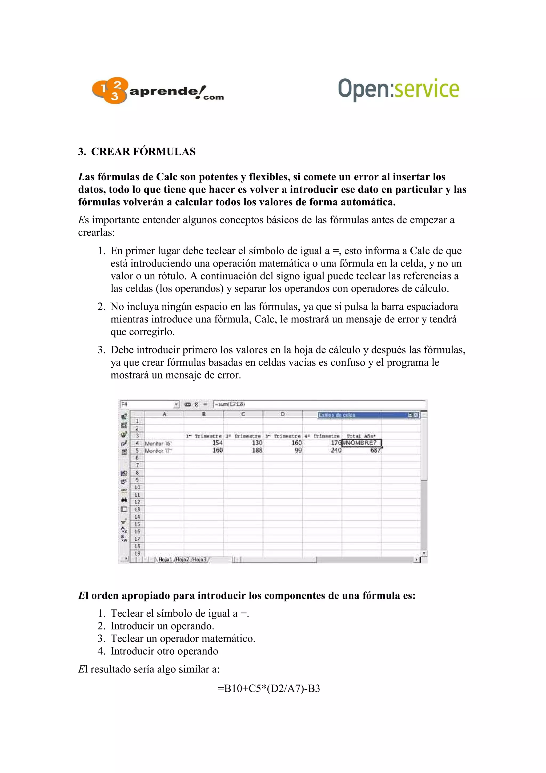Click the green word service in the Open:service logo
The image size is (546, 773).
[426, 89]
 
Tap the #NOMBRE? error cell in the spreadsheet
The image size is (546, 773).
[361, 443]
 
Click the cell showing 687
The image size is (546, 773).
[375, 450]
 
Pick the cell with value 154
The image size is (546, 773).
[217, 443]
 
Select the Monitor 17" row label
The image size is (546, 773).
[158, 451]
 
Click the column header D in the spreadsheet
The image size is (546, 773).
[283, 414]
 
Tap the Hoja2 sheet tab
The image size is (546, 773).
[183, 559]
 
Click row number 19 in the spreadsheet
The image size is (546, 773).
[137, 553]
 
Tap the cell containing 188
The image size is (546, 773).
[257, 450]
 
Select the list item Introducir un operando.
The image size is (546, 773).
[162, 626]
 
